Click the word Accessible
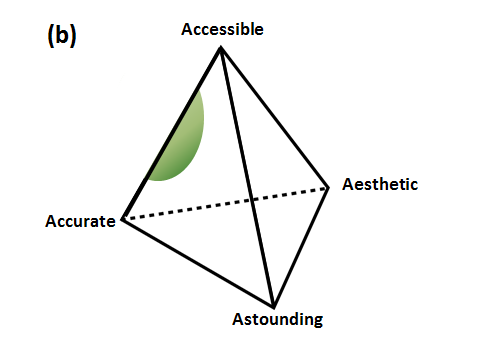point(222,29)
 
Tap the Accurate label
point(80,221)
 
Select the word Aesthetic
point(380,184)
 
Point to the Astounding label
point(278,320)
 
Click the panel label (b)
point(62,35)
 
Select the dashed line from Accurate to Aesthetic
point(226,203)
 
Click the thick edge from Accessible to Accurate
point(172,133)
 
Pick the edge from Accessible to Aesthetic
point(275,118)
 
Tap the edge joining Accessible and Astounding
point(247,177)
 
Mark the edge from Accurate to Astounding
point(198,263)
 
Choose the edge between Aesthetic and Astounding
point(301,247)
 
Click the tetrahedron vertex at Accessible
point(220,48)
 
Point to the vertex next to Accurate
point(123,219)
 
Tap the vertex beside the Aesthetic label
point(328,188)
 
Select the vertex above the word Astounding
point(274,306)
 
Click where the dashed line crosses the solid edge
point(252,200)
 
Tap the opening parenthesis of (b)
point(51,36)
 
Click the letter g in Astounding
point(318,321)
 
